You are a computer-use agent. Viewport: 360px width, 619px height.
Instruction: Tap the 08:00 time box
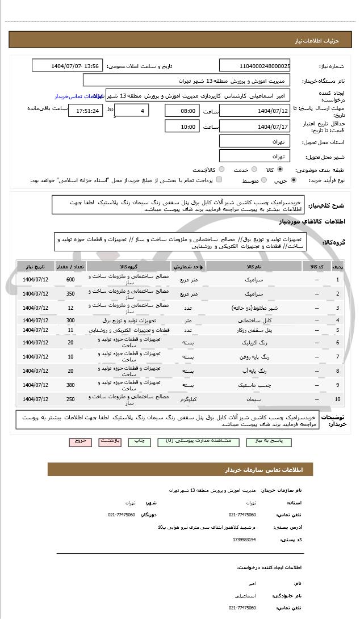tap(182, 111)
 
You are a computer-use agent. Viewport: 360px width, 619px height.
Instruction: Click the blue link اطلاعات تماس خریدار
tap(74, 96)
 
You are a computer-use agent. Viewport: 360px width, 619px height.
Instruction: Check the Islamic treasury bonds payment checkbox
tap(219, 180)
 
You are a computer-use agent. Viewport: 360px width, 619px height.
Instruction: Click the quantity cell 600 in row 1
tap(70, 280)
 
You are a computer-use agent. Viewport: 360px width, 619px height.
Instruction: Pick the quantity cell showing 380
tap(70, 385)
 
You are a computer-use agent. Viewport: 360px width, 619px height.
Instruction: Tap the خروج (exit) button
tap(79, 441)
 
